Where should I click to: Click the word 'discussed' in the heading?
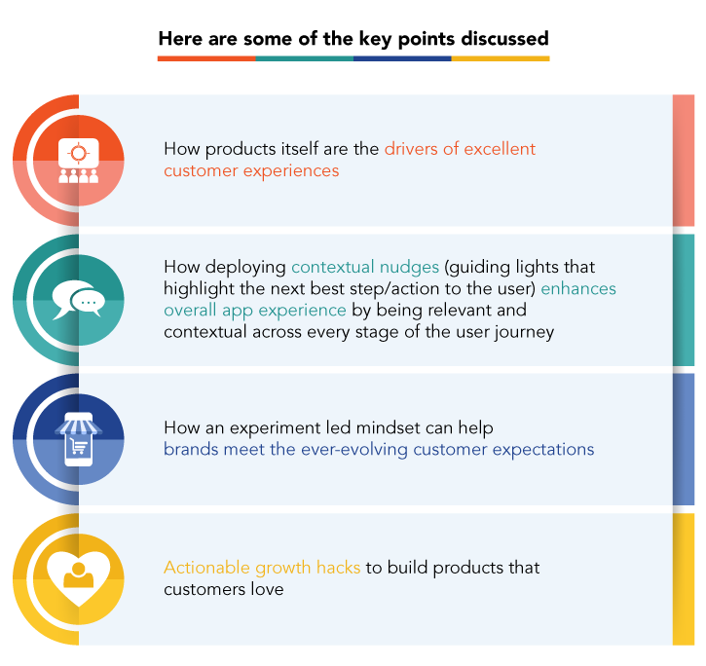coord(501,39)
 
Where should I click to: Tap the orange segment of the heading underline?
coord(206,58)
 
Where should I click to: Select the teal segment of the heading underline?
coord(304,58)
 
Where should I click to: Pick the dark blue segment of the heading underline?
coord(402,58)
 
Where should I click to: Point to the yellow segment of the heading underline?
coord(501,58)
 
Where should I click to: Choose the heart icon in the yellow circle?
coord(78,578)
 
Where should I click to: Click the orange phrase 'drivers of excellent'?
coord(460,149)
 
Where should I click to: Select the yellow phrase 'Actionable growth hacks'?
coord(262,568)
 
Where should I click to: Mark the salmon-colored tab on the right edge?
coord(684,161)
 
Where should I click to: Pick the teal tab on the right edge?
coord(684,300)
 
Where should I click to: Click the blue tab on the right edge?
coord(684,439)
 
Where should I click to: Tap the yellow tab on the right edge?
coord(684,578)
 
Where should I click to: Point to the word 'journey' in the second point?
coord(525,332)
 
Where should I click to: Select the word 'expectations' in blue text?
coord(545,450)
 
